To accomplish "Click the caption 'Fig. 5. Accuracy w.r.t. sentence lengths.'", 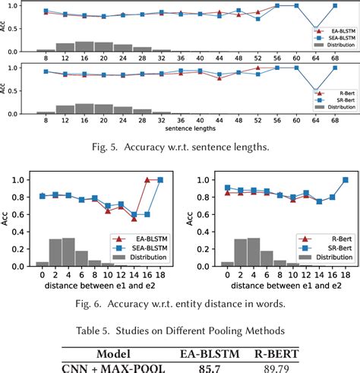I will pos(180,148).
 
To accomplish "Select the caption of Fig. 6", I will pos(180,303).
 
